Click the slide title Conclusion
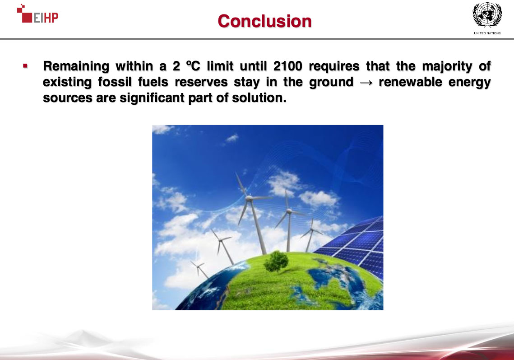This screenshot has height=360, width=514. [x=264, y=21]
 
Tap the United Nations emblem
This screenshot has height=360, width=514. [x=487, y=15]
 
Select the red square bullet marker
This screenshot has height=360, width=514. [x=25, y=66]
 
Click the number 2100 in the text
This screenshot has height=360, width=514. [x=287, y=66]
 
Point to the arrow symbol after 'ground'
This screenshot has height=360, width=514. [x=366, y=82]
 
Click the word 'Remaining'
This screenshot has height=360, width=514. [x=76, y=66]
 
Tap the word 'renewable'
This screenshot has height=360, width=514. [x=410, y=82]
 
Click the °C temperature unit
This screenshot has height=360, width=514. [x=193, y=66]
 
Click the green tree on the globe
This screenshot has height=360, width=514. [x=276, y=261]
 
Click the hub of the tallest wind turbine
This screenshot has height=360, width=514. [x=249, y=198]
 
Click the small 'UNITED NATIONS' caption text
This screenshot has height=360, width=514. [x=487, y=33]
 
